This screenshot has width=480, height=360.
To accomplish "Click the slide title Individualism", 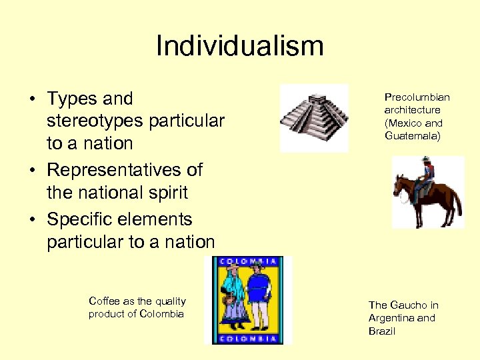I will (x=239, y=46).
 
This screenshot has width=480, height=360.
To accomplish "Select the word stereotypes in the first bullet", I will (x=95, y=121).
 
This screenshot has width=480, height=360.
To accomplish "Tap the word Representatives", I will (x=125, y=169).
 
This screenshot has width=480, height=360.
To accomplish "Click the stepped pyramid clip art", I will (x=314, y=117).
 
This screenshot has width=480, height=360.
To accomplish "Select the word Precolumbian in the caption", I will (x=417, y=97).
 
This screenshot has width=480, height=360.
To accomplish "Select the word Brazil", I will (x=382, y=331).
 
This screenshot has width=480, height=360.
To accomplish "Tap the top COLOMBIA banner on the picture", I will (x=247, y=261).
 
